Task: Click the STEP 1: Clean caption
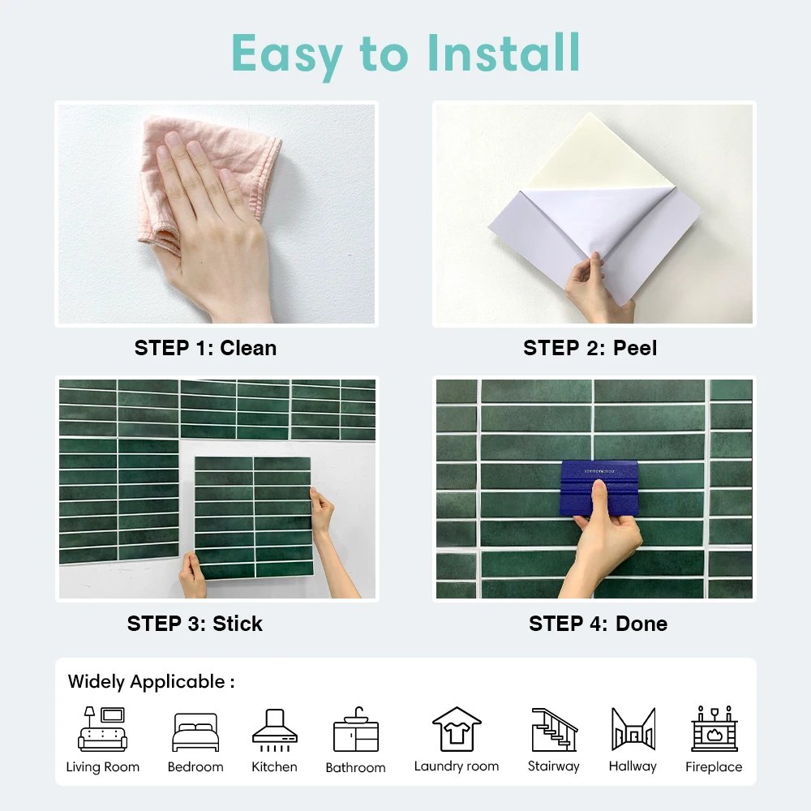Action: [x=205, y=348]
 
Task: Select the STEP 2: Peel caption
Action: [x=590, y=348]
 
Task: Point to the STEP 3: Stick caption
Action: [x=195, y=624]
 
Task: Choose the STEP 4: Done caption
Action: [x=598, y=624]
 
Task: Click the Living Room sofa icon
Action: [x=102, y=729]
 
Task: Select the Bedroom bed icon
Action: [x=195, y=732]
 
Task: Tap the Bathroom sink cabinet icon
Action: [x=355, y=730]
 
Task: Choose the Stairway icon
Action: [x=554, y=729]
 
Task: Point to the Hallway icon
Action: [x=633, y=729]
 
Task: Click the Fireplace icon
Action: [x=714, y=729]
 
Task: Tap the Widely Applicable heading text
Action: [x=151, y=681]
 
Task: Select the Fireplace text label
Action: [x=714, y=766]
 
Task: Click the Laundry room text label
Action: [x=457, y=766]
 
